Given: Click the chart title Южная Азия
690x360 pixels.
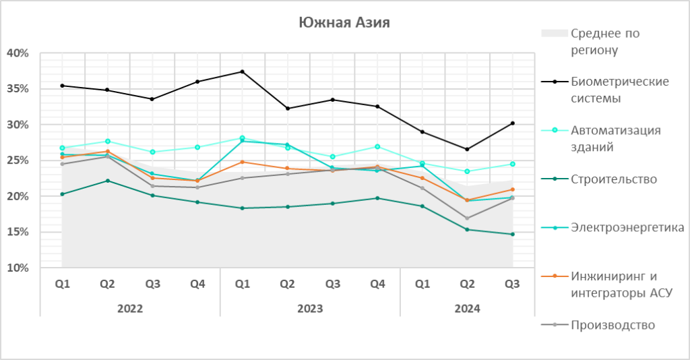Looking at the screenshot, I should [344, 23].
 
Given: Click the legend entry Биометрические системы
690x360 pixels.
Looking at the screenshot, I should [619, 90].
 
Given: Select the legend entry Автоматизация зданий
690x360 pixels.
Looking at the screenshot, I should [615, 138].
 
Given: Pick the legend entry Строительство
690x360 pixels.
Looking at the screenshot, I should [613, 179].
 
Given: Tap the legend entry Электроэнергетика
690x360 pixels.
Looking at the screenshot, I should [627, 227].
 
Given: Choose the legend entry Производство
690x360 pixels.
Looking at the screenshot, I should [613, 324].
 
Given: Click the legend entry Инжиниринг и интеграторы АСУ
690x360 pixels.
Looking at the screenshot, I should [621, 284].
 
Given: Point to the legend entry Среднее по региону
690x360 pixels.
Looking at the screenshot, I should [604, 41].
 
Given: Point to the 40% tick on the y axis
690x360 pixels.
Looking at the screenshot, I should [18, 53].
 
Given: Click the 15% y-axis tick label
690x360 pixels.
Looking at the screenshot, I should [18, 233].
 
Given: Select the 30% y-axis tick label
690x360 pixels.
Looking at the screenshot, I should [18, 125].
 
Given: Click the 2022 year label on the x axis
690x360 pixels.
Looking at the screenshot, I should [130, 309].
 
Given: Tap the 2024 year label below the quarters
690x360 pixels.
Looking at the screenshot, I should [467, 309].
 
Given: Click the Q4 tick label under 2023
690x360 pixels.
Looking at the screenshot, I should [377, 284].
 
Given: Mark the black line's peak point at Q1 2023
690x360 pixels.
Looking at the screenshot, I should [243, 71].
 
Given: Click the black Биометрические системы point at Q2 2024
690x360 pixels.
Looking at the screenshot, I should [468, 150].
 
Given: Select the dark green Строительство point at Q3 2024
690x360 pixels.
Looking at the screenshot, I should [513, 235].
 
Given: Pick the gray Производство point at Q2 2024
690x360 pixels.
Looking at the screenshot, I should [468, 218].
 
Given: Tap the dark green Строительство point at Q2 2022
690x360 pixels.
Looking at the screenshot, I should [107, 181].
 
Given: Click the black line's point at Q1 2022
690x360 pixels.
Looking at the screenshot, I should [62, 86].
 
